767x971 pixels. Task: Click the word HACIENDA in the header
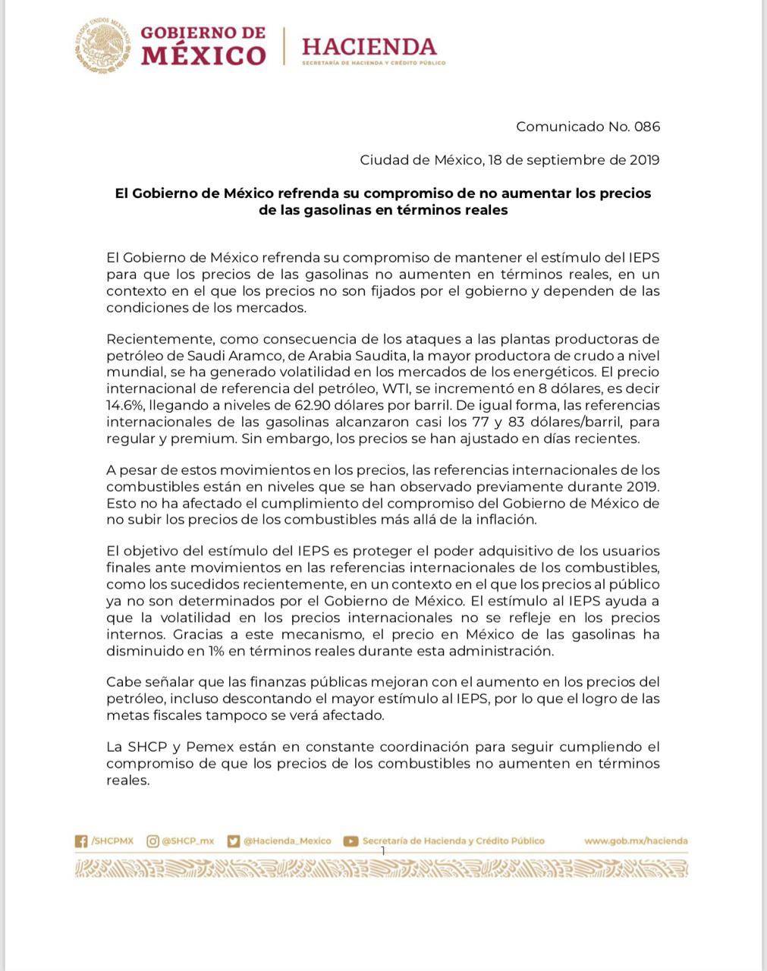[x=369, y=46]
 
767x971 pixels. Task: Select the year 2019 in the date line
[x=644, y=160]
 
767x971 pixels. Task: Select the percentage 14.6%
[x=124, y=405]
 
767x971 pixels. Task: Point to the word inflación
[x=506, y=520]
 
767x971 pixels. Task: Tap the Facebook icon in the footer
[x=81, y=841]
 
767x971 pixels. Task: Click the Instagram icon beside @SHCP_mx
[x=152, y=841]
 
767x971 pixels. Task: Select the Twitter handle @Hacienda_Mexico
[x=288, y=841]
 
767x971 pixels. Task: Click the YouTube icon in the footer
[x=350, y=841]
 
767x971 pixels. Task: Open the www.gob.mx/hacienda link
[x=636, y=841]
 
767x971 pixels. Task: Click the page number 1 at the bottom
[x=383, y=851]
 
